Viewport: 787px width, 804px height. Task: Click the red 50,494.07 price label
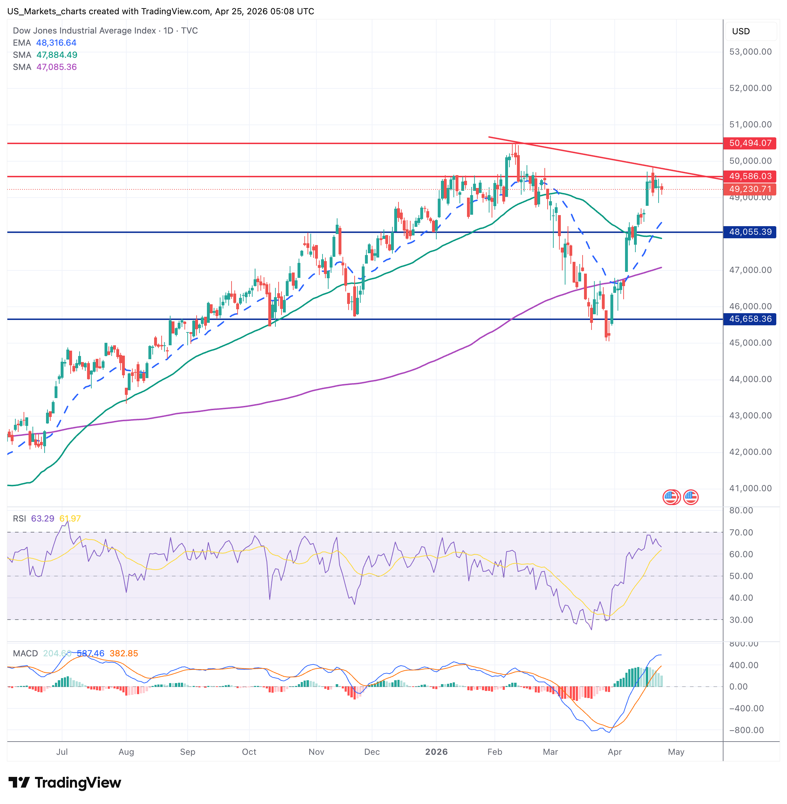pyautogui.click(x=750, y=143)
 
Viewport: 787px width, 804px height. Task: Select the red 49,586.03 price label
pyautogui.click(x=750, y=177)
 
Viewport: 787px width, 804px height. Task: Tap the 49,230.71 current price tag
pyautogui.click(x=750, y=189)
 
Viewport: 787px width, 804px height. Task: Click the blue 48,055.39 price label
pyautogui.click(x=750, y=232)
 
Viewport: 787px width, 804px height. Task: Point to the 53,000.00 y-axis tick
pyautogui.click(x=750, y=52)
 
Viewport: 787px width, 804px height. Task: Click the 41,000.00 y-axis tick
pyautogui.click(x=750, y=488)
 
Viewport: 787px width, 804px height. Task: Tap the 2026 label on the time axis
pyautogui.click(x=436, y=752)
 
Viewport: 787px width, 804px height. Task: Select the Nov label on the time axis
pyautogui.click(x=316, y=752)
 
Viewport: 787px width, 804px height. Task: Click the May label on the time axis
pyautogui.click(x=676, y=752)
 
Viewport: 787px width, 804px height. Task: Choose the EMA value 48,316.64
pyautogui.click(x=56, y=42)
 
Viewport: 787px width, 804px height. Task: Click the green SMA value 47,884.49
pyautogui.click(x=57, y=55)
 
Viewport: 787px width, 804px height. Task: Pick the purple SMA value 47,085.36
pyautogui.click(x=57, y=67)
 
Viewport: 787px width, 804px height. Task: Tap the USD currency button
pyautogui.click(x=741, y=31)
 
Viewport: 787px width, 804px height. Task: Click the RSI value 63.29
pyautogui.click(x=42, y=518)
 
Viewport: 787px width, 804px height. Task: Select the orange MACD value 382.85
pyautogui.click(x=123, y=653)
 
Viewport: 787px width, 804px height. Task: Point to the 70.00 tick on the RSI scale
pyautogui.click(x=741, y=533)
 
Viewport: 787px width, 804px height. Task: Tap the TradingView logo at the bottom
pyautogui.click(x=65, y=783)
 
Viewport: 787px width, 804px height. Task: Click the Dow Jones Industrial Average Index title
pyautogui.click(x=84, y=31)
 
